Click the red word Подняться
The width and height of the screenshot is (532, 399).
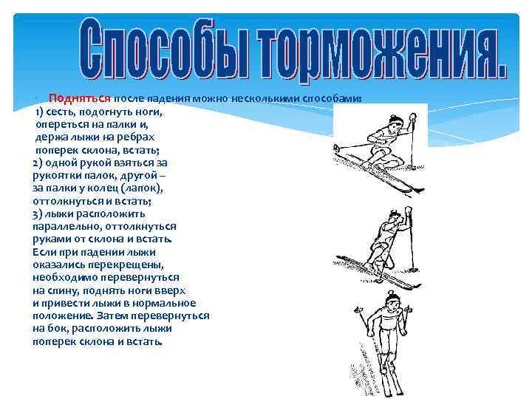point(79,98)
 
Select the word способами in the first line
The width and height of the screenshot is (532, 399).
point(331,98)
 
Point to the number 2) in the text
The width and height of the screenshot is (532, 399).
point(38,162)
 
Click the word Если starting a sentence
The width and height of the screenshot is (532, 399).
point(44,251)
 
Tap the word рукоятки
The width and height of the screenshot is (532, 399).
point(60,175)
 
